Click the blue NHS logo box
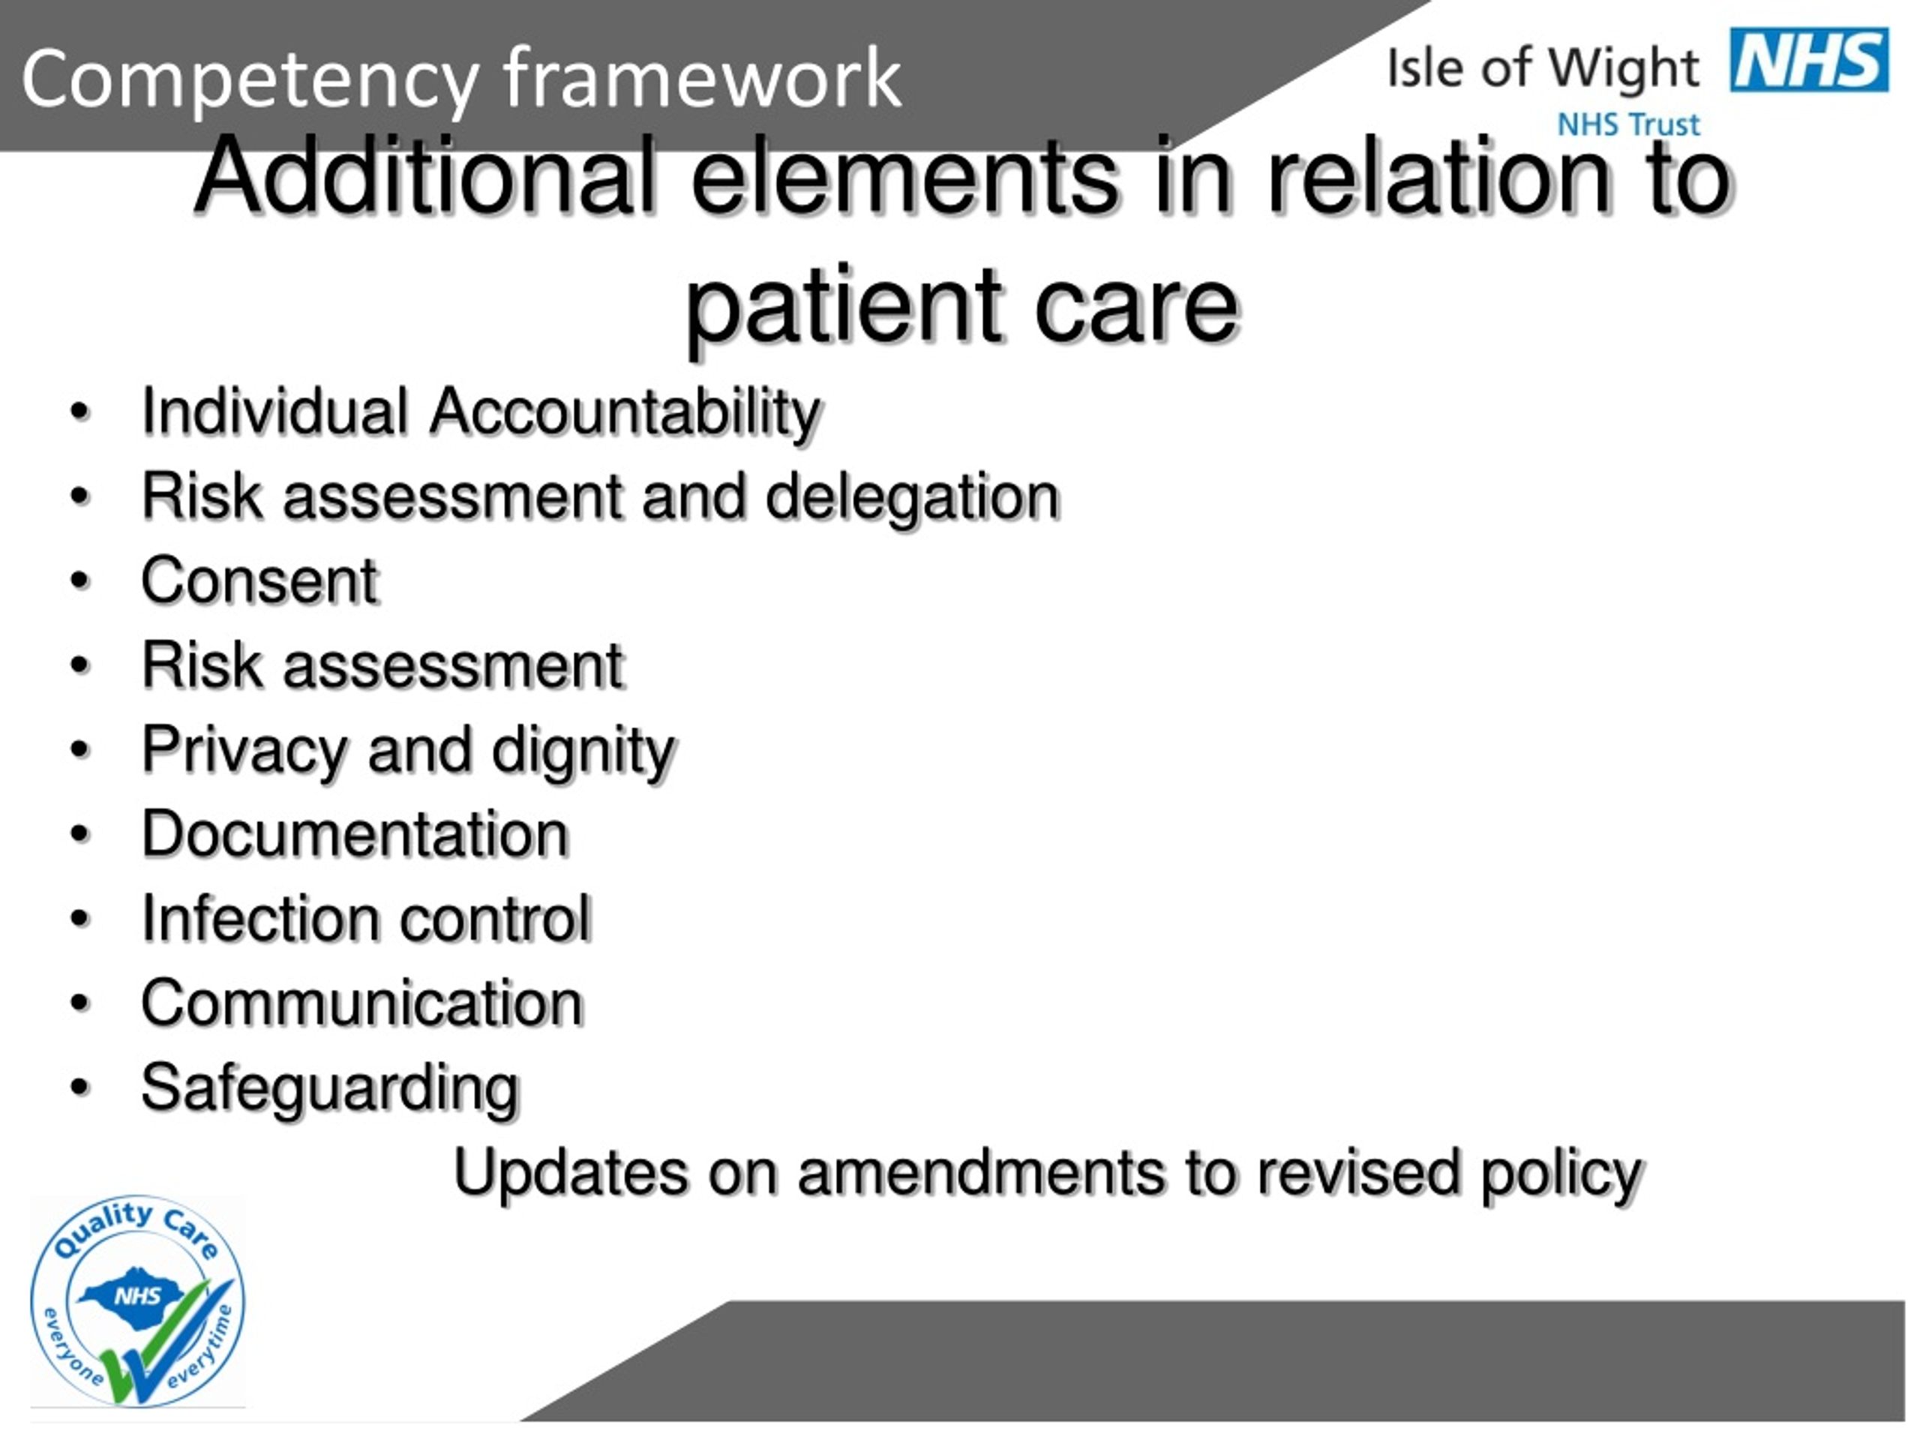[1809, 59]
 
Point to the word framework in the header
[703, 77]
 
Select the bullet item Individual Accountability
[481, 412]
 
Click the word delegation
[912, 497]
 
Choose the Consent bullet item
[259, 580]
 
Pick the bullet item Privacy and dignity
[408, 751]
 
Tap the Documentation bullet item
[355, 834]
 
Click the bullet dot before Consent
[79, 580]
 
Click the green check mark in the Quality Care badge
[165, 1340]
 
